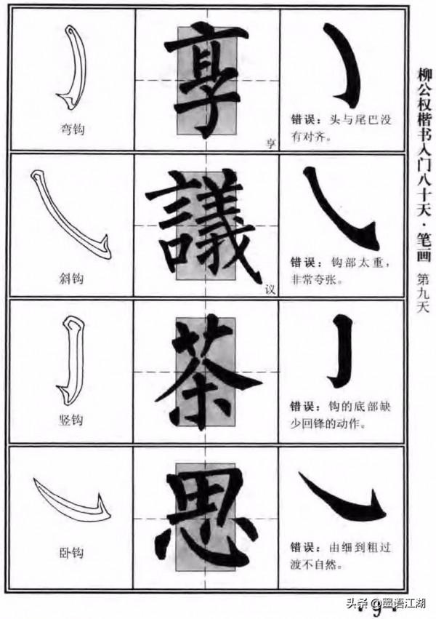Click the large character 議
point(207,225)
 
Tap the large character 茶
point(206,371)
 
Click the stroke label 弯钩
point(72,129)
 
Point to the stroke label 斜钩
point(72,278)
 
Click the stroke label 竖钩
point(73,420)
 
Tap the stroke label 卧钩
point(73,553)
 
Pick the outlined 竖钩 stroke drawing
point(70,360)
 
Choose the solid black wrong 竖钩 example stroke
point(344,353)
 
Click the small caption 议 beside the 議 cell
point(270,289)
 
